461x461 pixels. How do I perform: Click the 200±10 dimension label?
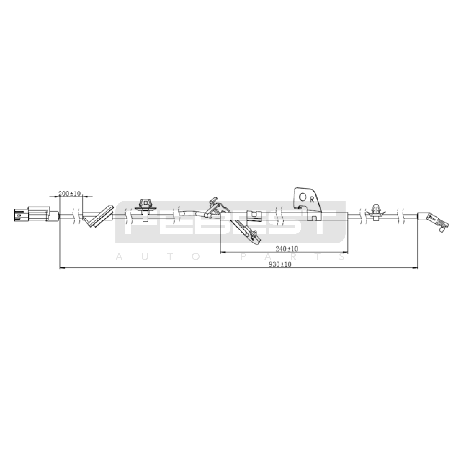click(69, 193)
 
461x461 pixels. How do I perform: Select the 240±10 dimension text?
click(287, 249)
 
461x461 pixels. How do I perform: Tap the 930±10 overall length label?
click(280, 264)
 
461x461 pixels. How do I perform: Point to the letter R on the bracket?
click(312, 199)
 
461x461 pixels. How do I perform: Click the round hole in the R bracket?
click(303, 197)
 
